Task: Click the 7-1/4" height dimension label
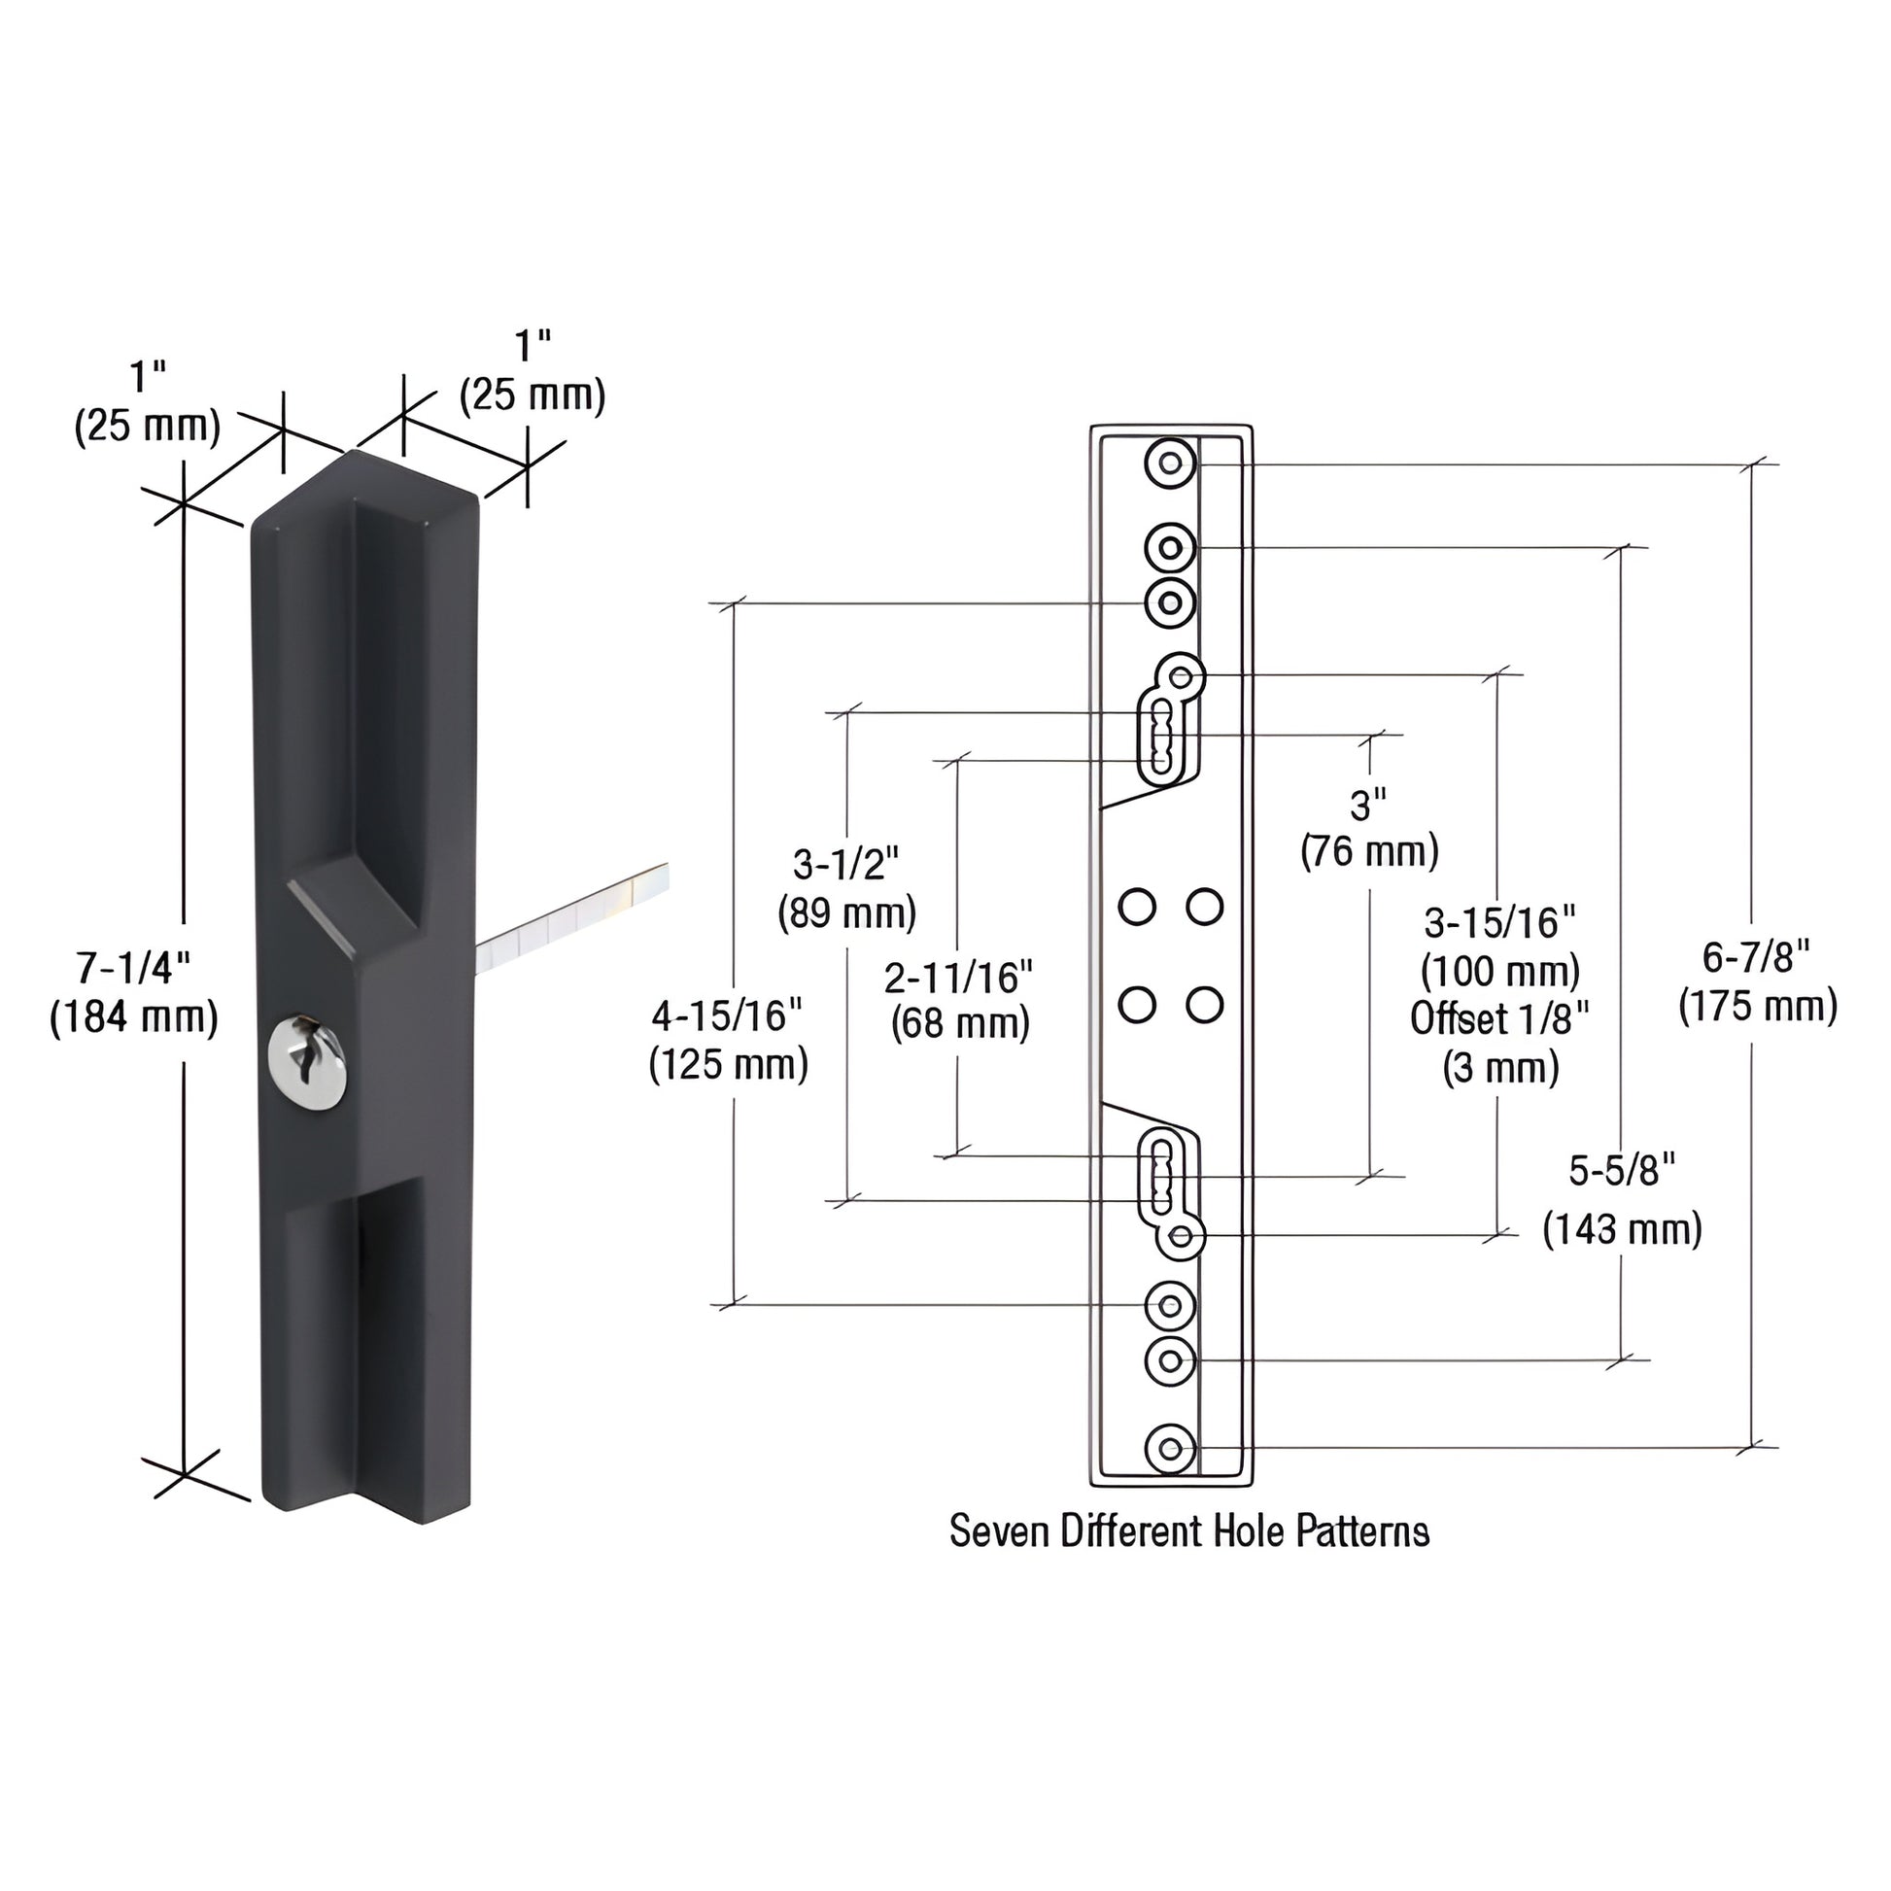click(133, 968)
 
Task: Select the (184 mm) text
click(133, 1019)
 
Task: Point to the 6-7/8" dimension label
click(1756, 956)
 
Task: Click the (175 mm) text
click(1758, 1007)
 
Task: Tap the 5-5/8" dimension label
click(1622, 1171)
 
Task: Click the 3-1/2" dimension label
click(845, 864)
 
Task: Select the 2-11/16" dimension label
click(958, 976)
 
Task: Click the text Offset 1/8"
click(1499, 1019)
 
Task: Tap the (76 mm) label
click(1368, 851)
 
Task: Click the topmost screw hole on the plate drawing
click(1170, 464)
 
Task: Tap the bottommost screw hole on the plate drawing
click(1170, 1450)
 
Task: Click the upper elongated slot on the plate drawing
click(1161, 737)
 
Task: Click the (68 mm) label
click(960, 1025)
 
